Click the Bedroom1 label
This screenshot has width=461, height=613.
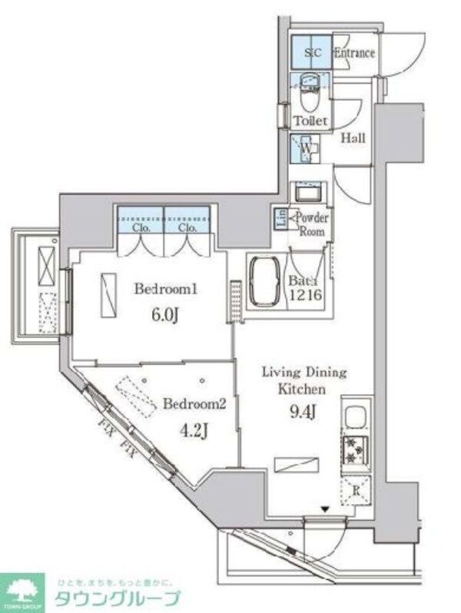(x=167, y=290)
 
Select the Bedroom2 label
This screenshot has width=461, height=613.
(x=193, y=405)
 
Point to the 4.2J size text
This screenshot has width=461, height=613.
(x=193, y=430)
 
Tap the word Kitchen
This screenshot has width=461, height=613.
(x=303, y=390)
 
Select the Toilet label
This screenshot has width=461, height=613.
(x=310, y=121)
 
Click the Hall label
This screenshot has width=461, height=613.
(x=353, y=139)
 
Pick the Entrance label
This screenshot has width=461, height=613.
(x=354, y=54)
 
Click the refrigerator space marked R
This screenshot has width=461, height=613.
(x=356, y=489)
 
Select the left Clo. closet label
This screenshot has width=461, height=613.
(x=139, y=228)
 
